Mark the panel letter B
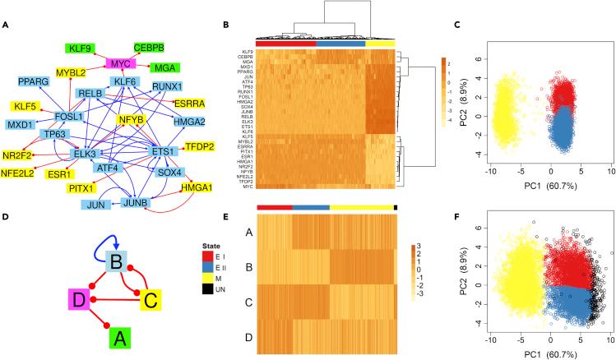pyautogui.click(x=215, y=25)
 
